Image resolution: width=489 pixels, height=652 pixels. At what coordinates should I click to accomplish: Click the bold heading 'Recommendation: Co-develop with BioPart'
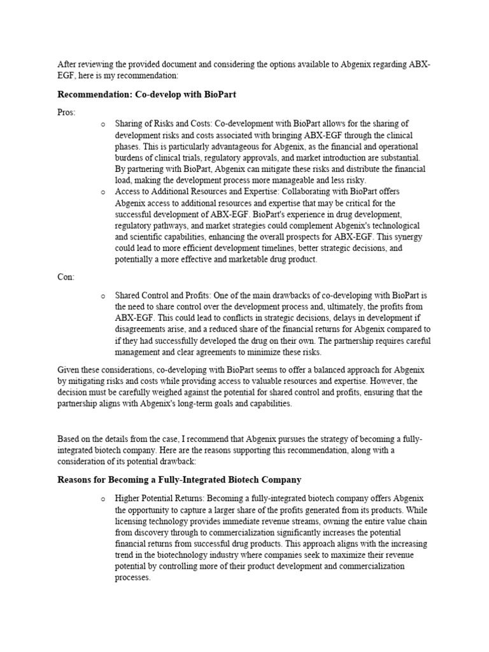point(151,95)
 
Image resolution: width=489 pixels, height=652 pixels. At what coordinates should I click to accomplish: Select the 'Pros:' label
point(66,112)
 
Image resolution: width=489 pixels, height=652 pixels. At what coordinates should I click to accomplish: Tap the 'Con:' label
point(66,277)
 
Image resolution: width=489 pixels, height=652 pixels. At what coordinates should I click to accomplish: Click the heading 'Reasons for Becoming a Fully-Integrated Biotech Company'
point(180,479)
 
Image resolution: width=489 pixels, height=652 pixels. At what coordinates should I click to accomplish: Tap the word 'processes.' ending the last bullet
point(132,578)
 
